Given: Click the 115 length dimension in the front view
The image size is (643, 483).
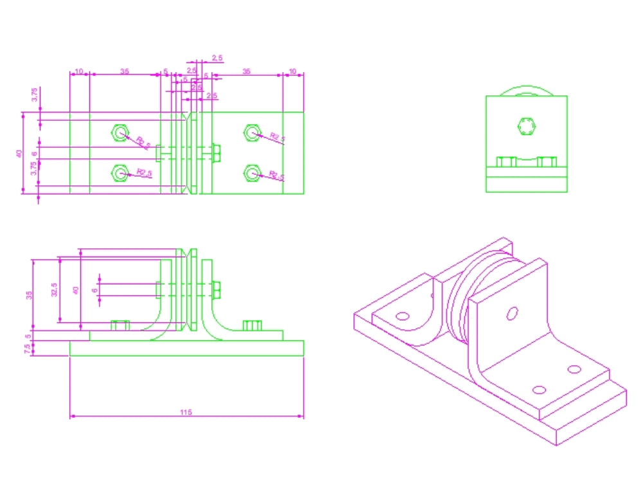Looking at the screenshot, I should pos(186,412).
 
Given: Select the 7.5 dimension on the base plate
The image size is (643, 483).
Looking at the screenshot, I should pos(27,349).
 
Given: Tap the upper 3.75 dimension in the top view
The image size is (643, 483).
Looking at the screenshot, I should pos(35,94).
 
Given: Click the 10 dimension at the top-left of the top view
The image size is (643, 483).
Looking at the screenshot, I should pos(79,71).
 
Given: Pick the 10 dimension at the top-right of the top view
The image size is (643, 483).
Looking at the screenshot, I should pos(293,71).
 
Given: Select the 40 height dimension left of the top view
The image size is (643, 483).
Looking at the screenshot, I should pos(19,153).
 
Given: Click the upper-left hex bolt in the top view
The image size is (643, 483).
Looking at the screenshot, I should pos(119,132).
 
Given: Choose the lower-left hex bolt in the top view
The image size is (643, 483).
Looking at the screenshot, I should pos(119,172).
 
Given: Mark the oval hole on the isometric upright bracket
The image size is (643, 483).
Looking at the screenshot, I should pos(512,313).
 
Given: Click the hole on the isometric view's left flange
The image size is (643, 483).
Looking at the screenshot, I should pos(403,316).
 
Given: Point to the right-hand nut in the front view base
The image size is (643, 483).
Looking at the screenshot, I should pos(252,325).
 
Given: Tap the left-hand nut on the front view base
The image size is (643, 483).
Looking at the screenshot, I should pos(120,325).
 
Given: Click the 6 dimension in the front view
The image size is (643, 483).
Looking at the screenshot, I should pos(95,291).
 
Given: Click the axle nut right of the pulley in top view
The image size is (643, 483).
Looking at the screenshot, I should pos(217,153).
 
